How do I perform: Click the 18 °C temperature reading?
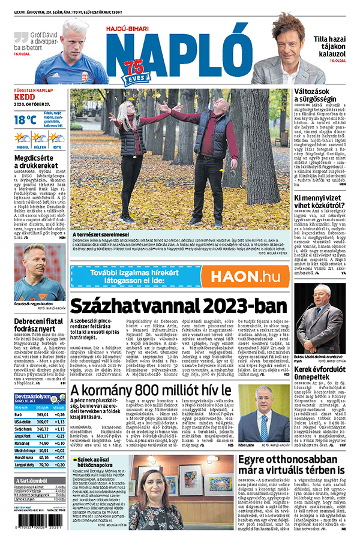25,119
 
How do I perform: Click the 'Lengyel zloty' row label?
25,463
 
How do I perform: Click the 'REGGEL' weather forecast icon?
22,138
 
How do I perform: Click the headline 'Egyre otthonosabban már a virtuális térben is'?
290,464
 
